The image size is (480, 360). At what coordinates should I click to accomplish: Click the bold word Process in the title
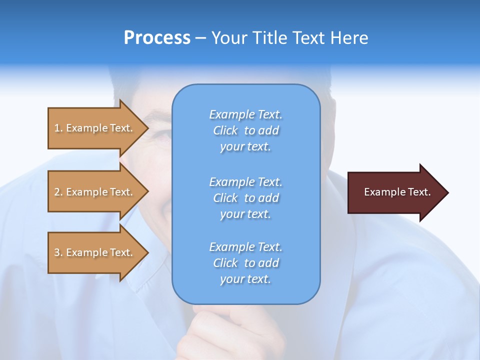157,38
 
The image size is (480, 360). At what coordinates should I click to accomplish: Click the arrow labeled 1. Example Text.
95,128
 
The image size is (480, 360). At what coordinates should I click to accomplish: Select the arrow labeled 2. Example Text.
95,192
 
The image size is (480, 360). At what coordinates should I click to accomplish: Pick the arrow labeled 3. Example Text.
95,252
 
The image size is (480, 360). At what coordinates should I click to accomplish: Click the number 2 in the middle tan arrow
57,192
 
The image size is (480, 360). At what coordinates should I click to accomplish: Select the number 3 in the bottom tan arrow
57,252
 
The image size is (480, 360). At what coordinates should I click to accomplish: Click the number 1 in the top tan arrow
57,128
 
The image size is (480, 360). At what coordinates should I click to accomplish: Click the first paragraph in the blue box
245,130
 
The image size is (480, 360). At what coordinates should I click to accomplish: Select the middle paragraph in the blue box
245,198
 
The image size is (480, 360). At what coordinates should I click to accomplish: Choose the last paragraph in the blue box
245,263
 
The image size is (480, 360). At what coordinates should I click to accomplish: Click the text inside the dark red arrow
397,192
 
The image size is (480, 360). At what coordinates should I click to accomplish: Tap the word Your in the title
229,38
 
